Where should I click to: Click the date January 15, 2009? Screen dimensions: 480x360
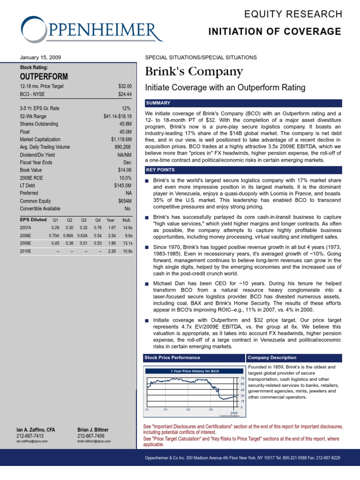[x=40, y=57]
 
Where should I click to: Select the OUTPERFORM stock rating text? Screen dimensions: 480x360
[x=44, y=76]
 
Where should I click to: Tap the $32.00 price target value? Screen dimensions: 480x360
[x=124, y=86]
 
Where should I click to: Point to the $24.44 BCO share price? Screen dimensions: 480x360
[x=124, y=94]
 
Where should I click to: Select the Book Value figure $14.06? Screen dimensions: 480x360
[x=124, y=170]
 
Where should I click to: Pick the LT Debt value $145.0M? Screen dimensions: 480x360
[x=122, y=185]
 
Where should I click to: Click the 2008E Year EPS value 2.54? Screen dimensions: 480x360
[x=111, y=235]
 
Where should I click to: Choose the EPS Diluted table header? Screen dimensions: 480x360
[x=33, y=219]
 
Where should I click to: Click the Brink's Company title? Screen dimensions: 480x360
[x=194, y=72]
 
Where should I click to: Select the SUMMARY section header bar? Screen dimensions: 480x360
[x=243, y=103]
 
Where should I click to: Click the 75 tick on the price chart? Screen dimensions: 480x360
[x=242, y=378]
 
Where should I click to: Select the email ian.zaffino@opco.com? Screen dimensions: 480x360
[x=32, y=441]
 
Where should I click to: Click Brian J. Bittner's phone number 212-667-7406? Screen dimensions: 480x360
[x=91, y=435]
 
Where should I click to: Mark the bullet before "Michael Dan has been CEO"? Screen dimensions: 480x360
[x=147, y=284]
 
